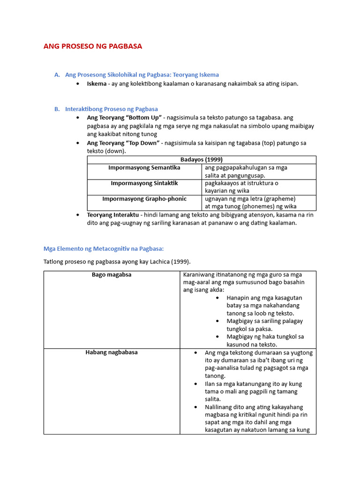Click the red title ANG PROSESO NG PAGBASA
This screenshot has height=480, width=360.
(92, 46)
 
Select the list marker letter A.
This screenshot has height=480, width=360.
(57, 75)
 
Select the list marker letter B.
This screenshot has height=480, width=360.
(57, 109)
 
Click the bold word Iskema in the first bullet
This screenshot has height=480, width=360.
(97, 83)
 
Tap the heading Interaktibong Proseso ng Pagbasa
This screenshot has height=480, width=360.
(112, 109)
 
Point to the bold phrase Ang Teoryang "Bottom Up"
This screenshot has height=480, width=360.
(124, 118)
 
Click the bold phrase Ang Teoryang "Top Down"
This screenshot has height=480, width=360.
(123, 143)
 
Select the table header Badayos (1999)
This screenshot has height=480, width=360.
(202, 159)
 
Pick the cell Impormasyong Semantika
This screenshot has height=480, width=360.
(144, 167)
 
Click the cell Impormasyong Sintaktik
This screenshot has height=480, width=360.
(144, 183)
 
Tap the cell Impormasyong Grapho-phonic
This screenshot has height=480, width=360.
(144, 199)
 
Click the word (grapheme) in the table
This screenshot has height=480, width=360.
(280, 199)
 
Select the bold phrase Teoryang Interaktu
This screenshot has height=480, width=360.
(113, 215)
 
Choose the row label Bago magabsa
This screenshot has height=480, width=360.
(112, 275)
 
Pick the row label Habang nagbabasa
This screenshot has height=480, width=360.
(112, 352)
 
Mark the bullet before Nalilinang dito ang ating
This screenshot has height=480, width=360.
(195, 407)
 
